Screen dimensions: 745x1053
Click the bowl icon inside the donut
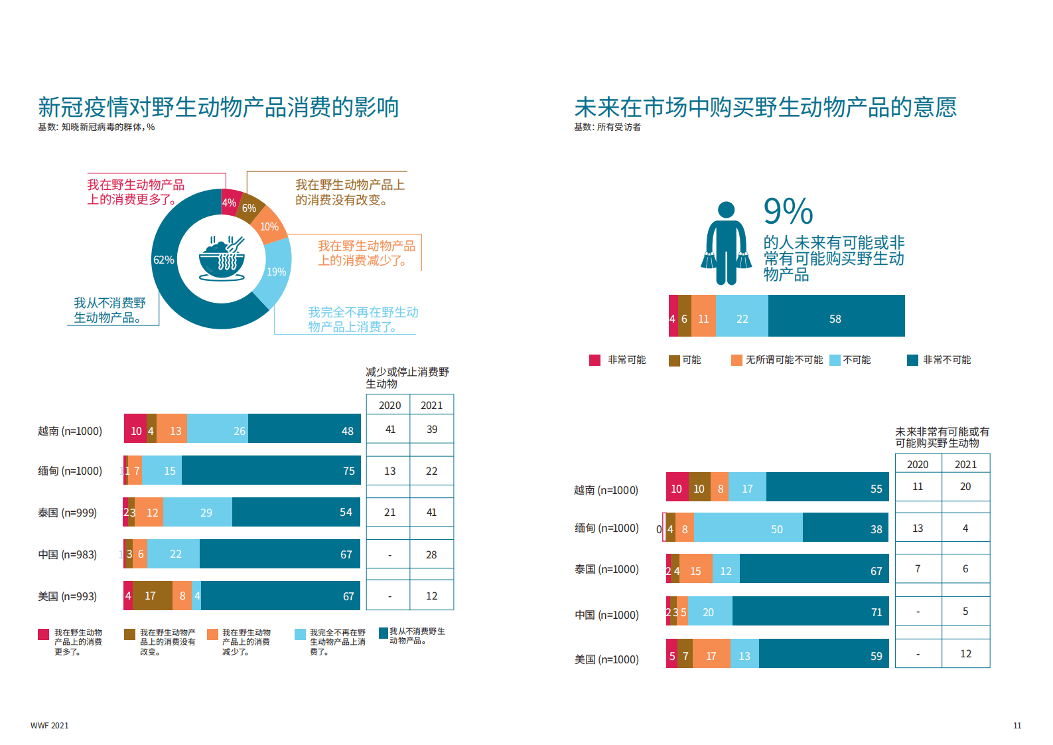[222, 259]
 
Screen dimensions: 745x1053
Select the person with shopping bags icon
[726, 244]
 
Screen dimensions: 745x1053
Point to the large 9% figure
[788, 212]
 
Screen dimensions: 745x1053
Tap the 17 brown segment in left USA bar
[152, 596]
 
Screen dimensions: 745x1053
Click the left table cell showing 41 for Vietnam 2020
[389, 430]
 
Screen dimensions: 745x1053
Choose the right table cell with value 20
[965, 487]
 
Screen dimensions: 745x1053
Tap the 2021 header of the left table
[431, 405]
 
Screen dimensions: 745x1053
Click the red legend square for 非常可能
[595, 360]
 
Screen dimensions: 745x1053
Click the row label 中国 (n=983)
[67, 554]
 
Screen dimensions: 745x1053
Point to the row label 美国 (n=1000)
[606, 659]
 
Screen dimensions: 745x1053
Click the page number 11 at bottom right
[1017, 726]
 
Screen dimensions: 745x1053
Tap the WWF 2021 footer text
[49, 726]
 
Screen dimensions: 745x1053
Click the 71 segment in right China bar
[810, 612]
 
